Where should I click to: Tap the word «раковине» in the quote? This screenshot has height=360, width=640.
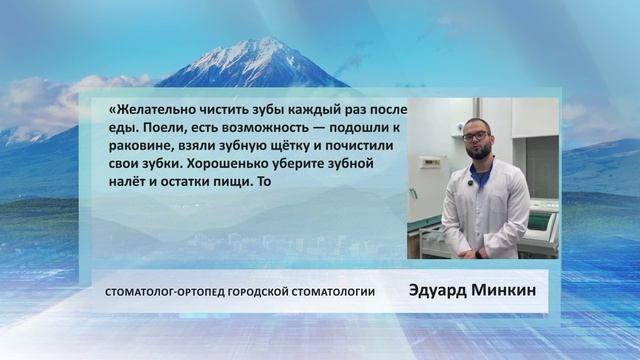coord(137,147)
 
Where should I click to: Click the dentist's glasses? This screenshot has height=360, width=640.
coord(476,137)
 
